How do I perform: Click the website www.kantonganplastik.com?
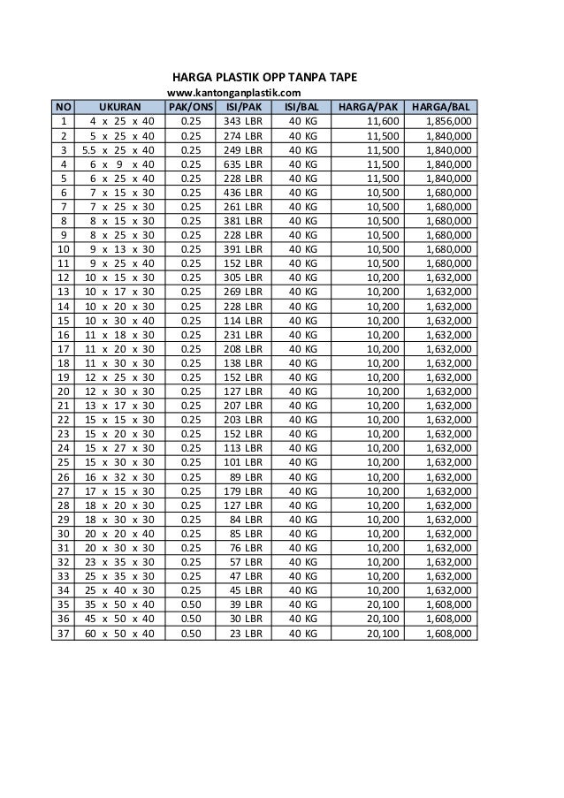click(234, 93)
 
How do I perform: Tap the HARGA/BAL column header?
click(440, 107)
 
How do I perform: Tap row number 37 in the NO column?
click(63, 634)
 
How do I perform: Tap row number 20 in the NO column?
click(63, 391)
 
